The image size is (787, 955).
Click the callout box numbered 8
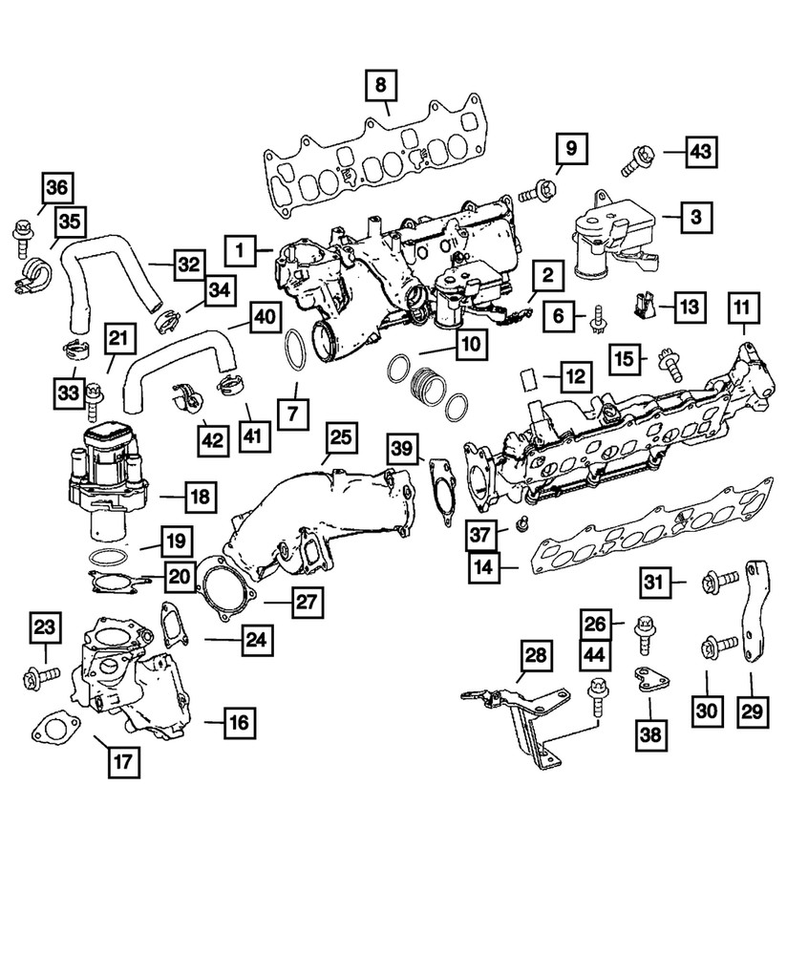tap(380, 87)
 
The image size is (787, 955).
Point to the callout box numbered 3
tap(696, 218)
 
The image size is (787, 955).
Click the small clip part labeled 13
tap(642, 306)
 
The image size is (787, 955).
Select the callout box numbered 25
tap(341, 438)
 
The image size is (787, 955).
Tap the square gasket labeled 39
tap(442, 491)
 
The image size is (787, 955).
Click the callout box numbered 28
tap(537, 655)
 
